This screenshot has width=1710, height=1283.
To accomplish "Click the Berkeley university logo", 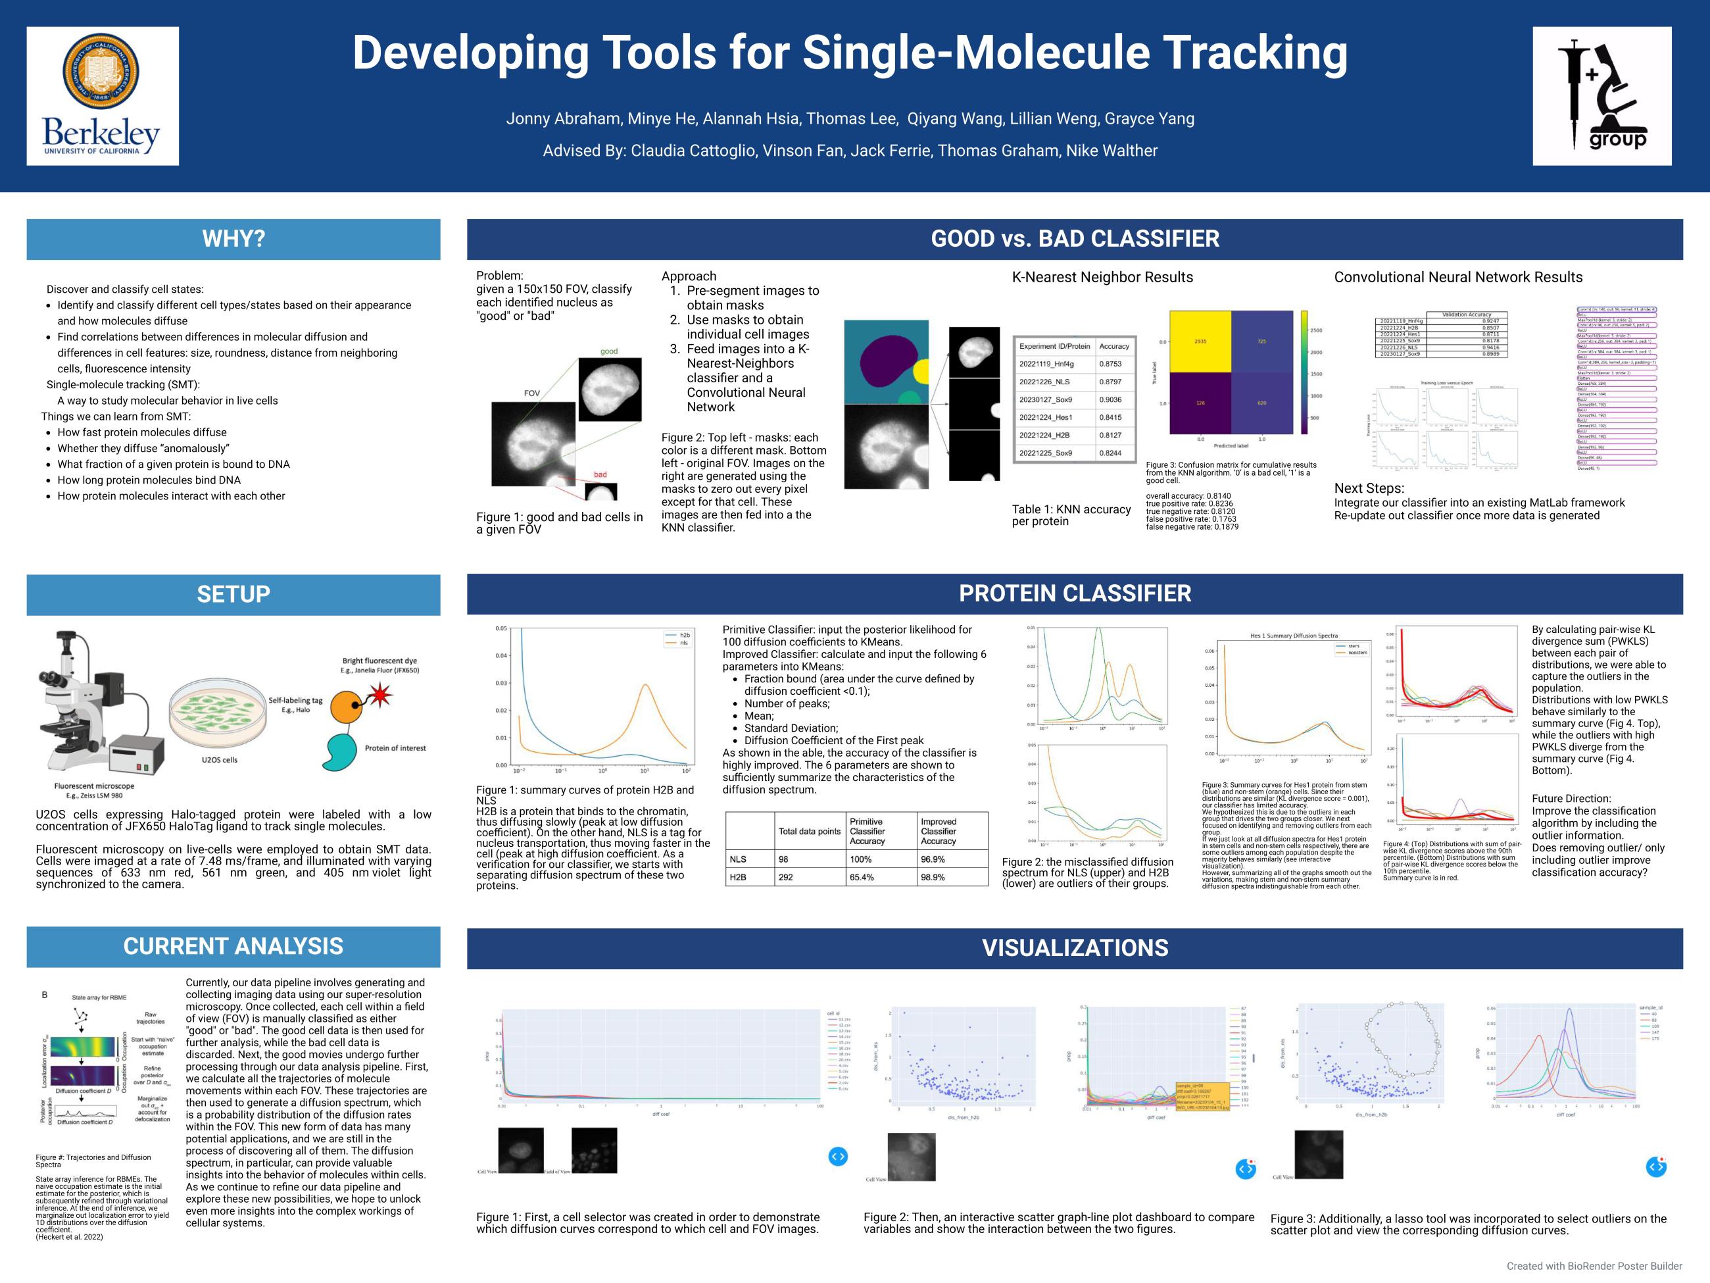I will click(x=102, y=96).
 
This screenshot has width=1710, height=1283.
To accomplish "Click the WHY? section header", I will click(x=233, y=239).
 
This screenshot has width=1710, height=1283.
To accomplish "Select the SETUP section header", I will click(x=233, y=594).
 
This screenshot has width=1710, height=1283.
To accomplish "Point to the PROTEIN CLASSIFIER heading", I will click(x=1075, y=593).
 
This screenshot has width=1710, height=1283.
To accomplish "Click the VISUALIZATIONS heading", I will click(x=1075, y=947).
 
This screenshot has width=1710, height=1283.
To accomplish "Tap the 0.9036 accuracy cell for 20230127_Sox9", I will click(x=1110, y=400).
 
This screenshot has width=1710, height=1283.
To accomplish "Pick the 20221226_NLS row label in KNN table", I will click(x=1044, y=382).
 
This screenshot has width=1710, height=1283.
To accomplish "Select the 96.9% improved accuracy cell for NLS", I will click(x=933, y=859).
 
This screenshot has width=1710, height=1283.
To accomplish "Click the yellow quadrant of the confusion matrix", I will click(x=1200, y=341).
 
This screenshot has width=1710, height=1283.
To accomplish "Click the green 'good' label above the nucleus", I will click(x=609, y=351).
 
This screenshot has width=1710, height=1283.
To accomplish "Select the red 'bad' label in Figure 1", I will click(x=600, y=474).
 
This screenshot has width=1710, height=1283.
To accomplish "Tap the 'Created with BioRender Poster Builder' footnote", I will click(x=1594, y=1266).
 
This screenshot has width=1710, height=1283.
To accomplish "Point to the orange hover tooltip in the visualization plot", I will click(x=1202, y=1097).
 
